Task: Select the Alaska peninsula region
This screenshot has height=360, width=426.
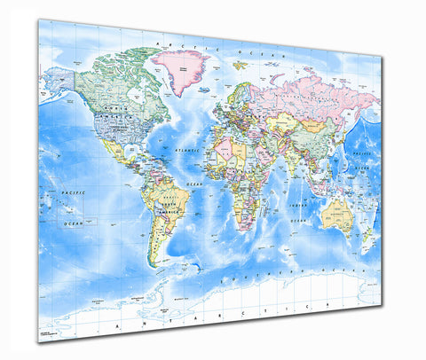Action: (x=55, y=82)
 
